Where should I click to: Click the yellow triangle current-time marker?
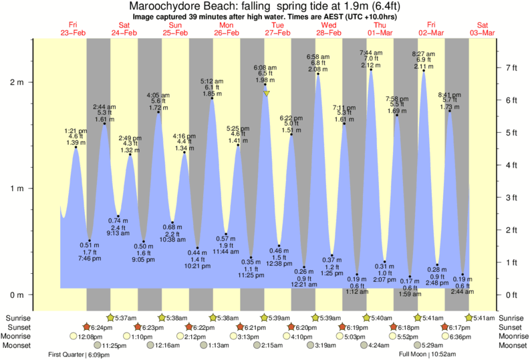pos(266,94)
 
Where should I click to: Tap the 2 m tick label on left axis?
pos(15,83)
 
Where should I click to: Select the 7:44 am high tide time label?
pos(371,52)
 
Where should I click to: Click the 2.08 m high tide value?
pos(317,69)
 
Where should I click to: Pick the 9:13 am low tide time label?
pos(118,233)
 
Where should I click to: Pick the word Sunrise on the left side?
pos(17,318)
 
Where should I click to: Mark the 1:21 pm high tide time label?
pos(76,131)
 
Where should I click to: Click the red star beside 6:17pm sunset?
pos(445,327)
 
